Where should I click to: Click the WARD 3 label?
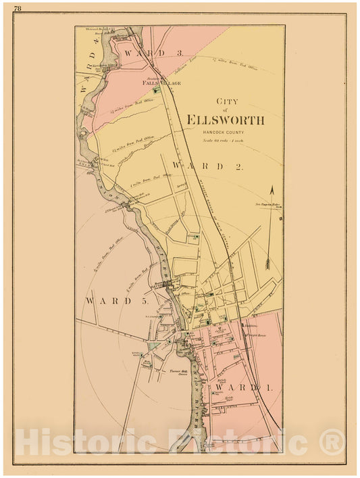point(143,52)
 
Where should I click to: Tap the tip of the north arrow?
point(272,187)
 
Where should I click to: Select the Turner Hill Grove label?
point(178,373)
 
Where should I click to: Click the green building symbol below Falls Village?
point(157,90)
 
